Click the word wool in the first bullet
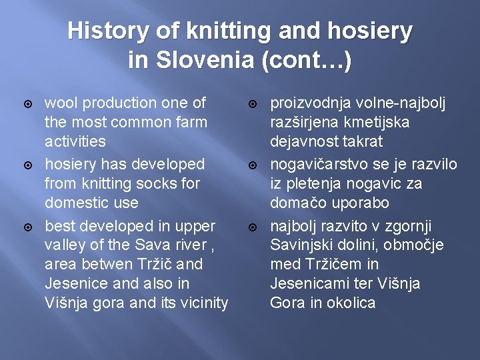tap(59, 103)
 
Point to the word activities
tap(75, 141)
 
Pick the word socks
tap(155, 183)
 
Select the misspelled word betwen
tap(95, 264)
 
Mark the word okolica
tap(351, 303)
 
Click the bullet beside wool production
tap(28, 104)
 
